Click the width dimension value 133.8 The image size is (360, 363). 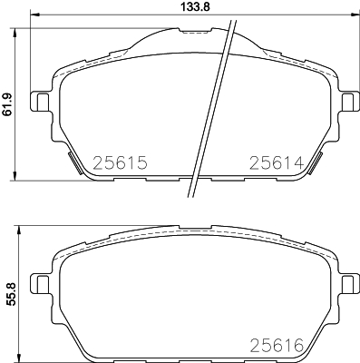click(x=195, y=6)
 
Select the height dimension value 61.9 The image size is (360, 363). click(x=6, y=104)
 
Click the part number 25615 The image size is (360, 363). click(x=120, y=162)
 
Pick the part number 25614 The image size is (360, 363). click(x=277, y=162)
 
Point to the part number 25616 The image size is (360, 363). click(x=277, y=346)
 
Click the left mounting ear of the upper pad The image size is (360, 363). click(x=41, y=101)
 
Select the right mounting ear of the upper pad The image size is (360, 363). click(x=349, y=101)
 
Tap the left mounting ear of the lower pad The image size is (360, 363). click(x=41, y=283)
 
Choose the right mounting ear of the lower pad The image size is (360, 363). click(x=349, y=283)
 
